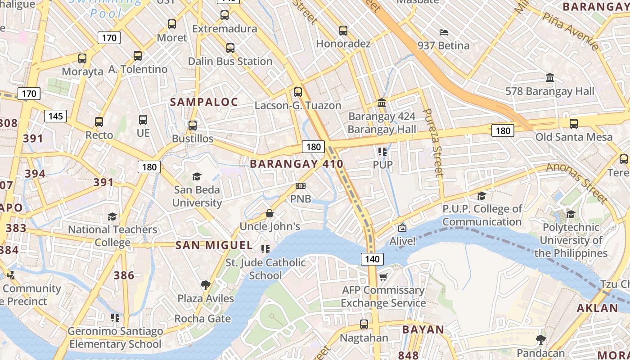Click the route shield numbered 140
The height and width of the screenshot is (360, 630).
point(372,259)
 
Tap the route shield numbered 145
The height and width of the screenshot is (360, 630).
point(55,116)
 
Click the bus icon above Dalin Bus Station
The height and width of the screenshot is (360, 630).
point(230,48)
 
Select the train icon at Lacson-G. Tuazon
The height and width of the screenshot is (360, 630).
point(297,92)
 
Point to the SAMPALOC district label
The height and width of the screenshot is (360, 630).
point(204,102)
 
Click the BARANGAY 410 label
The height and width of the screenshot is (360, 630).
point(297,164)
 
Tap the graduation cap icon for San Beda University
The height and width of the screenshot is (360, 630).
point(197,176)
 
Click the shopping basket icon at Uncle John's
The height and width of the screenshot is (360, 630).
point(270,213)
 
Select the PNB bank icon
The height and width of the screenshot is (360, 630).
point(300,186)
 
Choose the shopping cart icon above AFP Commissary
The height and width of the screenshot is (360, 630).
point(383,277)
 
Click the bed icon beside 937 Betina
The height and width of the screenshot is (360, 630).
point(443,32)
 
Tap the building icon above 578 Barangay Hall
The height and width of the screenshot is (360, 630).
point(549,78)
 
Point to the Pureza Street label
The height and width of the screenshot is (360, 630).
point(433,142)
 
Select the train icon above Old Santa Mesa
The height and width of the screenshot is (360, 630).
point(573,124)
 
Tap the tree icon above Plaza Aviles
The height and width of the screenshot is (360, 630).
point(206,285)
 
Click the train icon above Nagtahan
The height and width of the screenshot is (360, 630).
point(364,324)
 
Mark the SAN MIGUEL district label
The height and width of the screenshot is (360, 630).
point(214,245)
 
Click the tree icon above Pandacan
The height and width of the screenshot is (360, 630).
point(540,339)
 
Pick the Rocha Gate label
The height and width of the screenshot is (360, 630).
point(202,319)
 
